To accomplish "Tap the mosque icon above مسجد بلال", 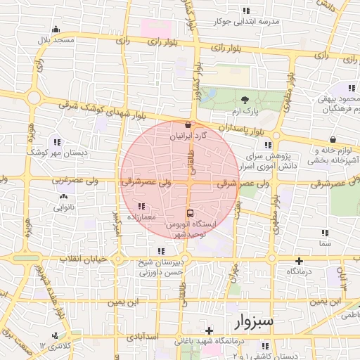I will (x=56, y=30).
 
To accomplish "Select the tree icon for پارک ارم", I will (x=245, y=100).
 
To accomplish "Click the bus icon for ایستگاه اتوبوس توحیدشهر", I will (x=189, y=212).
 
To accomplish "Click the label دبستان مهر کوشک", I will (x=54, y=152).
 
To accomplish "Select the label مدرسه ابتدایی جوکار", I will (x=250, y=22).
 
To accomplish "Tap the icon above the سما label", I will (x=325, y=233).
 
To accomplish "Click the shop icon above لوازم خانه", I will (x=331, y=139).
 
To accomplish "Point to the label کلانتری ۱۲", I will (x=56, y=346).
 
